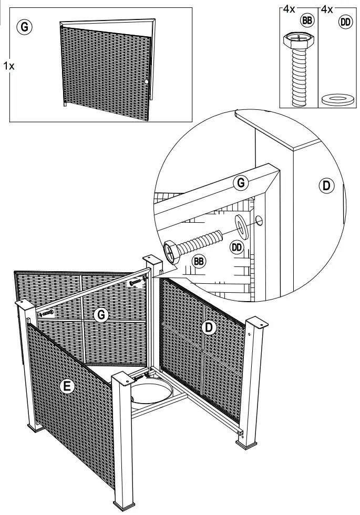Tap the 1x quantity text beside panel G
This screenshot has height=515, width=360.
[8, 66]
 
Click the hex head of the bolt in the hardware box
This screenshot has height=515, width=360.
[296, 40]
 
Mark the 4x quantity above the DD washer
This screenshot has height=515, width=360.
[327, 9]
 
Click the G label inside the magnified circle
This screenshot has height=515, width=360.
[240, 183]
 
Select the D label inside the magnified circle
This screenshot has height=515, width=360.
[326, 185]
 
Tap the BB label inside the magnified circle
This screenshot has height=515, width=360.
[199, 261]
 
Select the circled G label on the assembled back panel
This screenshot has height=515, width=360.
[100, 315]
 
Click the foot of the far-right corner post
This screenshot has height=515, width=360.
[248, 445]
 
